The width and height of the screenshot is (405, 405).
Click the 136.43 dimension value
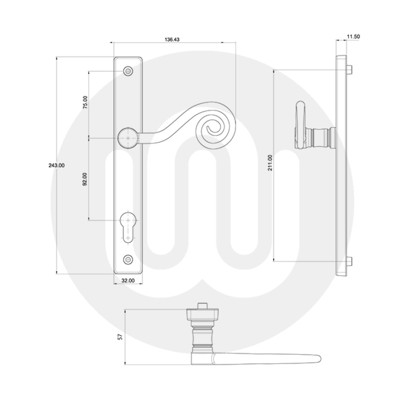(x=172, y=40)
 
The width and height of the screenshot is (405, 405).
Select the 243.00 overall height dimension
(x=56, y=165)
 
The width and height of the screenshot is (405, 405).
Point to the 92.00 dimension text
(x=85, y=179)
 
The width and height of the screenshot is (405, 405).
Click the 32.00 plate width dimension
(x=128, y=279)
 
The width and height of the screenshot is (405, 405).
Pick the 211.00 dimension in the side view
(x=270, y=163)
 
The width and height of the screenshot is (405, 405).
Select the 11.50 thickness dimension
(x=353, y=36)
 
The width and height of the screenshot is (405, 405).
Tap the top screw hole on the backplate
(x=128, y=71)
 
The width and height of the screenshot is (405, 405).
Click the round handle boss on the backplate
(x=128, y=138)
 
